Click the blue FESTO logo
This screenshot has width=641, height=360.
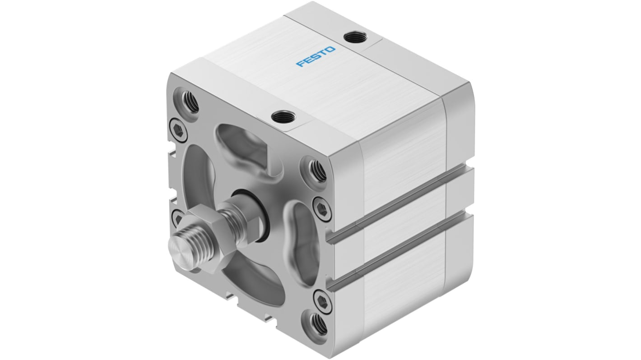[x=316, y=56]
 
